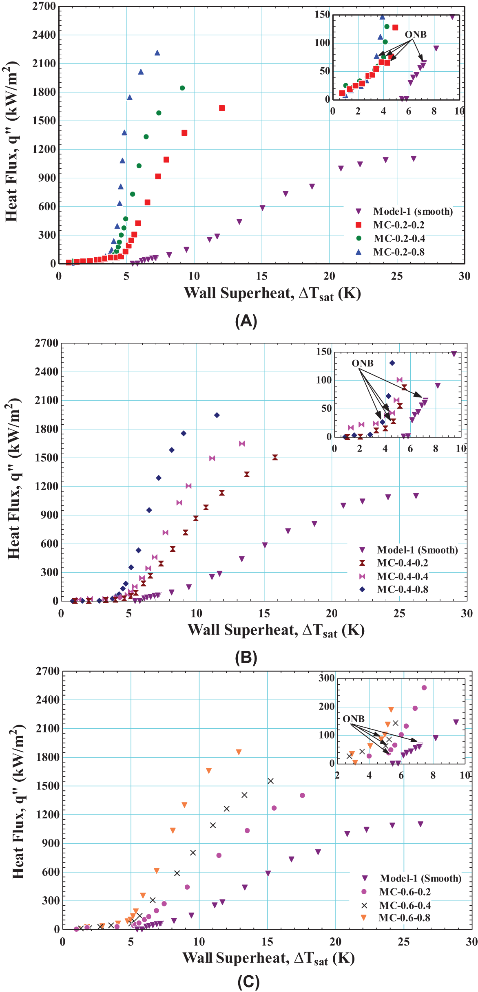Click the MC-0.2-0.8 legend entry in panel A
click(398, 252)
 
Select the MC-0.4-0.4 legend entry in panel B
click(402, 576)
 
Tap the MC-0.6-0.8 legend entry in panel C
click(404, 917)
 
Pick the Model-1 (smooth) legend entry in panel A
click(413, 212)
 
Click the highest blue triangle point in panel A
click(157, 53)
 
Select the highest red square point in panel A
click(222, 108)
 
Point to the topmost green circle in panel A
click(182, 88)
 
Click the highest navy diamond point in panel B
click(217, 415)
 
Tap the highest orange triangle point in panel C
click(239, 752)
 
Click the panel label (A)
click(246, 321)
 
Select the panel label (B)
click(246, 658)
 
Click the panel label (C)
click(248, 982)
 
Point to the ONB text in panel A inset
click(416, 35)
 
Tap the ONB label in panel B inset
click(363, 363)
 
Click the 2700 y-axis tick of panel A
click(44, 7)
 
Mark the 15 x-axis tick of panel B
click(264, 614)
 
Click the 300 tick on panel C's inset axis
click(326, 678)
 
